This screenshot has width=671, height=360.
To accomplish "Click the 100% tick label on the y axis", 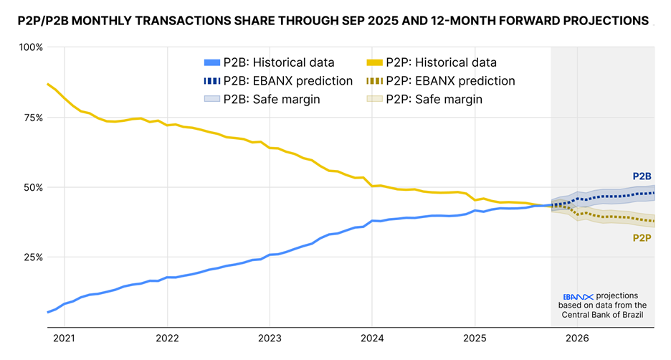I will point(31,47).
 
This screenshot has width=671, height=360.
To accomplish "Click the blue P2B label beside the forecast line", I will point(641,176).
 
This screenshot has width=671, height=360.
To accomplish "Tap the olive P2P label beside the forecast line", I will point(641,237).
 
